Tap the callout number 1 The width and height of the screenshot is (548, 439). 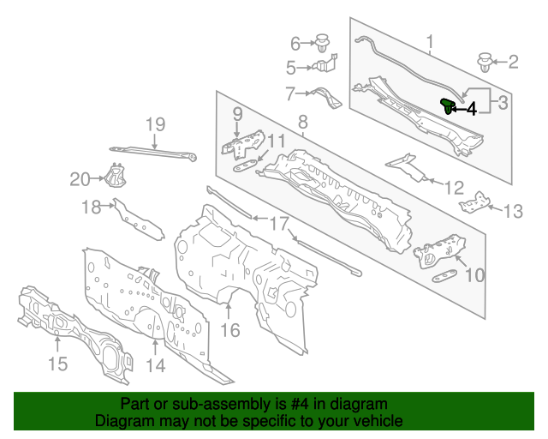430,39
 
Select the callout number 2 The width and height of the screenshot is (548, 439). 513,62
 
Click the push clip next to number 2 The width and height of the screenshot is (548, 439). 485,62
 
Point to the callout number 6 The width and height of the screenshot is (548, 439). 296,42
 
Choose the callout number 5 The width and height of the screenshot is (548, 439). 291,68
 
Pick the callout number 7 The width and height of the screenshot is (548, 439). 291,92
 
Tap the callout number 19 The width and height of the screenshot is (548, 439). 153,124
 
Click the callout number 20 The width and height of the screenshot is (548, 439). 80,179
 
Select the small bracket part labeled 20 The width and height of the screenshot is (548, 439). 113,176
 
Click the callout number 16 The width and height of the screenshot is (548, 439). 230,330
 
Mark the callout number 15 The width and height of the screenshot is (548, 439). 57,364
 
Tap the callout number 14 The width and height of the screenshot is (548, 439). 154,367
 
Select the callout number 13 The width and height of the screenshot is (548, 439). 511,211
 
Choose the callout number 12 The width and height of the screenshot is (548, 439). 454,187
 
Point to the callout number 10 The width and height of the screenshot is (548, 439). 474,275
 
